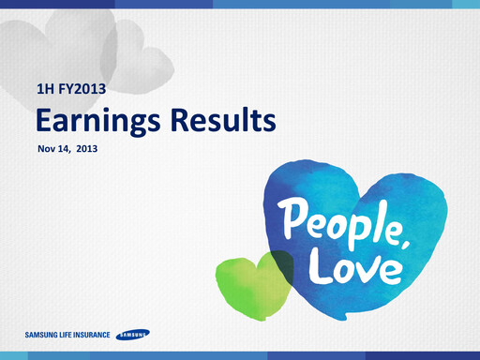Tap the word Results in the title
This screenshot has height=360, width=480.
[x=222, y=121]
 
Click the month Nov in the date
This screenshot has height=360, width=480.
[x=46, y=148]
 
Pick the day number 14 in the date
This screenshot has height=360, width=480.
[x=68, y=148]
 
